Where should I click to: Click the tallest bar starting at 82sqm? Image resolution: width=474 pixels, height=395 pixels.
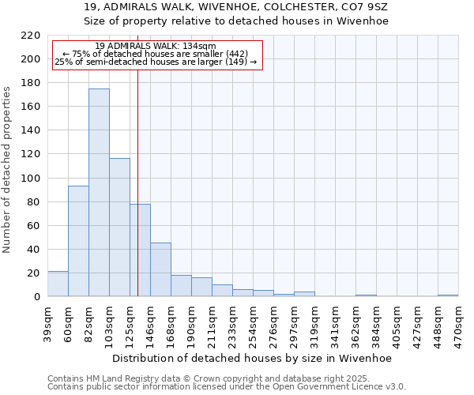[x=99, y=193]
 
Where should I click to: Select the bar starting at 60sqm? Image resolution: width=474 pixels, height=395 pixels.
[x=78, y=241]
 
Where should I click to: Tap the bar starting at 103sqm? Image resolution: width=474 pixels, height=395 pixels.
[x=119, y=228]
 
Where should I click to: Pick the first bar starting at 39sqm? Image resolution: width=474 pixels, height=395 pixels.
[x=58, y=284]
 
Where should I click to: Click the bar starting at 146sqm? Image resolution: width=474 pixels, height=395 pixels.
[x=160, y=269]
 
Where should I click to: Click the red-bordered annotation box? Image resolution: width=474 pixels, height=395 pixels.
[x=155, y=55]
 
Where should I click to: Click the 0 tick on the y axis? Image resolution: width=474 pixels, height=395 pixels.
[x=36, y=297]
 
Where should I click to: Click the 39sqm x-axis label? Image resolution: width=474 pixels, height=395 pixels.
[x=47, y=322]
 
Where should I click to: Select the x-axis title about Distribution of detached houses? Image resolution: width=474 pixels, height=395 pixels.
[x=253, y=358]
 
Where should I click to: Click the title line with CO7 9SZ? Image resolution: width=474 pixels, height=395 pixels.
[x=236, y=6]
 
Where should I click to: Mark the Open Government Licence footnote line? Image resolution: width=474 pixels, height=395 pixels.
[x=227, y=387]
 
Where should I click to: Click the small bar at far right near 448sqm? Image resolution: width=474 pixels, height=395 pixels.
[x=448, y=295]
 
